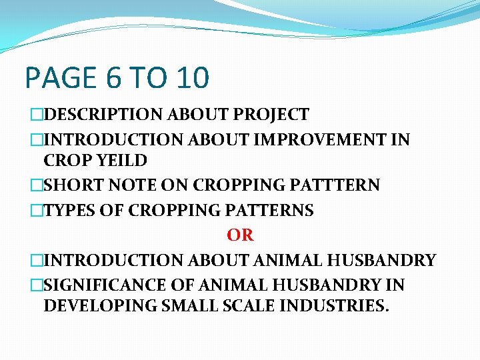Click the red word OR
click(240, 235)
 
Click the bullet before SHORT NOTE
click(37, 185)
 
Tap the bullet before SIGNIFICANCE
click(37, 285)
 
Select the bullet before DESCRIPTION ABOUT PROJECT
click(37, 115)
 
